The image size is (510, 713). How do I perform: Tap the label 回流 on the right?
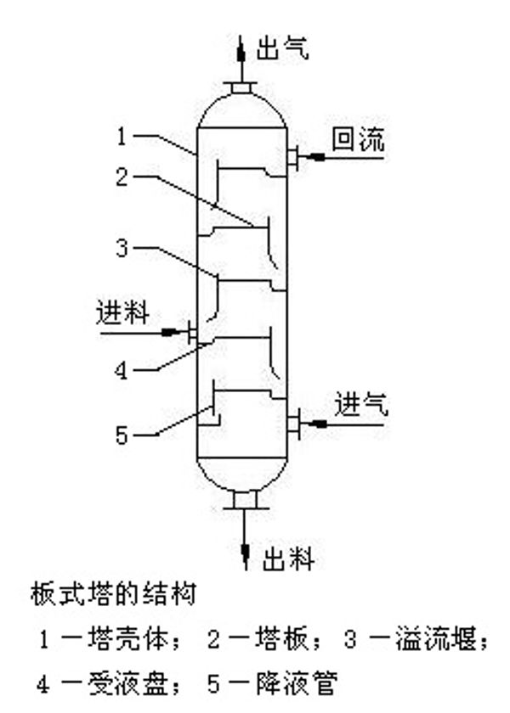(357, 141)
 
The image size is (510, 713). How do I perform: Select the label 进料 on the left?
(122, 313)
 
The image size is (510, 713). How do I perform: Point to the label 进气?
(361, 404)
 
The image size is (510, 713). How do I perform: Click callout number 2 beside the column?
(122, 177)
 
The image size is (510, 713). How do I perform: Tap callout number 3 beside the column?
(122, 248)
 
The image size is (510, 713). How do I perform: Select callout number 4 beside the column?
(122, 369)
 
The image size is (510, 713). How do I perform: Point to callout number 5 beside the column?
(122, 435)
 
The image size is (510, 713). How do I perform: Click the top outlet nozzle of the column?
(241, 87)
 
